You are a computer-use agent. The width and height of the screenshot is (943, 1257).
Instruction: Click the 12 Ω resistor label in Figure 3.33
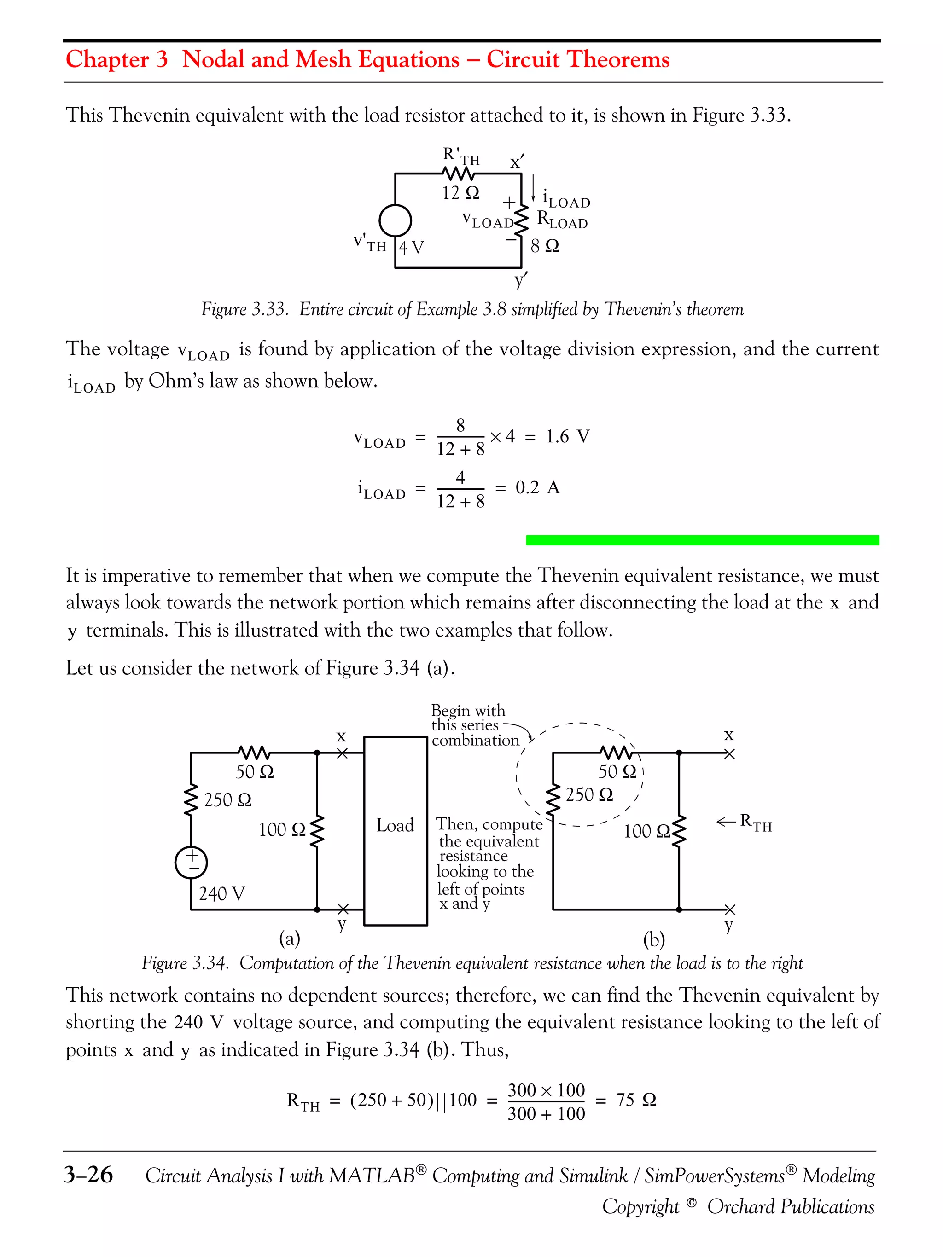click(460, 193)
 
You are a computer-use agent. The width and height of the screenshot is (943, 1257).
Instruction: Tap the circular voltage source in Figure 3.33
click(395, 220)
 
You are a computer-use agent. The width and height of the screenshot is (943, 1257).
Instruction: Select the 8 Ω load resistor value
click(545, 246)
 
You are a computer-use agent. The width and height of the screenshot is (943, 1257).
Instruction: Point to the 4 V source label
click(411, 247)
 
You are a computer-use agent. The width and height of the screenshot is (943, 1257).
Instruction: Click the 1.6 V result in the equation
click(567, 436)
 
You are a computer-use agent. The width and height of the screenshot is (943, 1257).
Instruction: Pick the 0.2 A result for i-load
click(537, 487)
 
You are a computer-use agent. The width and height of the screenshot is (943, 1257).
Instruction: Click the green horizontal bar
click(702, 540)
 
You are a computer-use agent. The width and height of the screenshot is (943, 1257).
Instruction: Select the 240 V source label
click(221, 894)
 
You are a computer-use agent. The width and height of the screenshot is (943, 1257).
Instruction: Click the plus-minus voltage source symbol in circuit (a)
click(191, 862)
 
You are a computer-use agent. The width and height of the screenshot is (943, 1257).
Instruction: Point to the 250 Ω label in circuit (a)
click(227, 800)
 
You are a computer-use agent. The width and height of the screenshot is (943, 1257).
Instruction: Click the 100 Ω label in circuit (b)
click(647, 831)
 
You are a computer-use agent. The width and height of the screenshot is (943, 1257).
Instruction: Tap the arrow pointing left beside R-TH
click(725, 822)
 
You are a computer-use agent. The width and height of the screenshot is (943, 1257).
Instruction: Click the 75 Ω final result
click(636, 1100)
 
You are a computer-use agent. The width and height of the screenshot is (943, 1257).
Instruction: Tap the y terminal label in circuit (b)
click(729, 925)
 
